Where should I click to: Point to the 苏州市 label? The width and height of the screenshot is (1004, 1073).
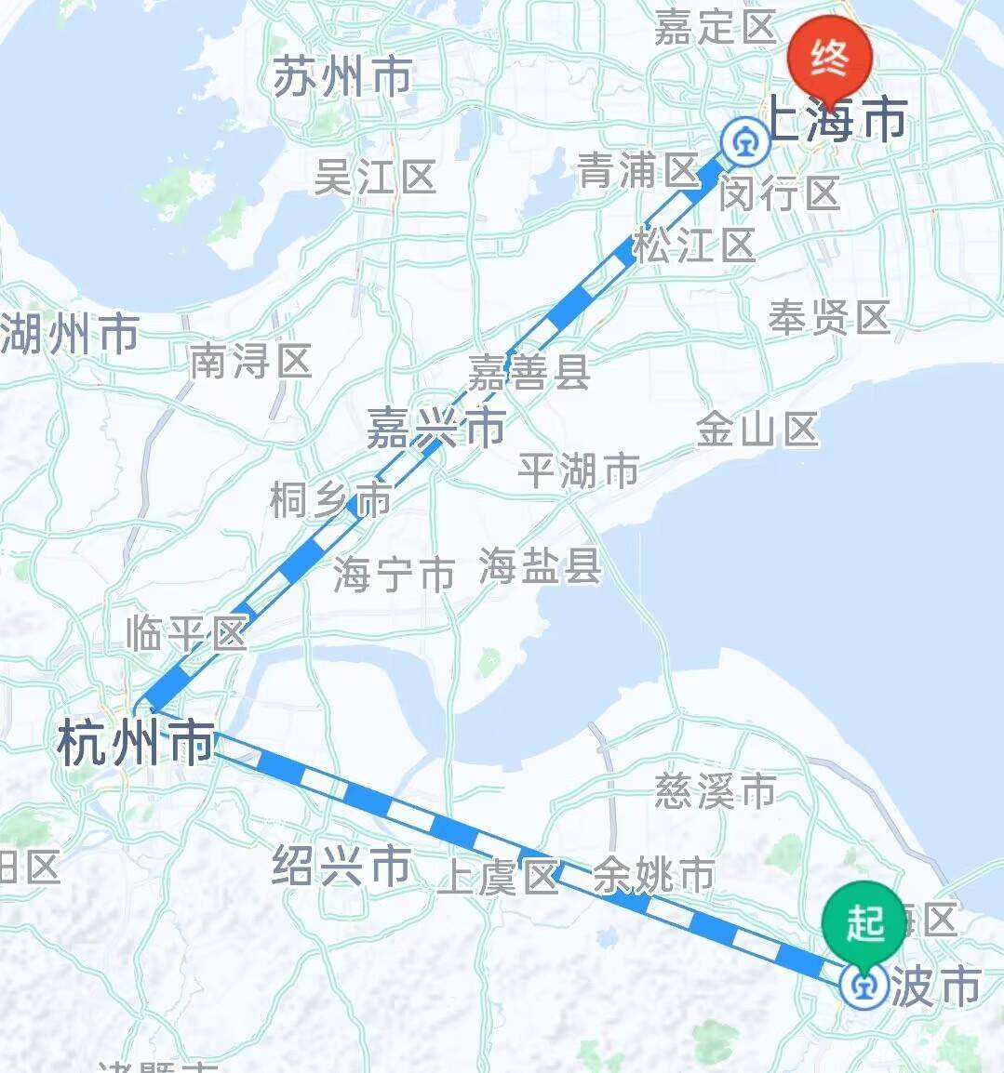tap(342, 76)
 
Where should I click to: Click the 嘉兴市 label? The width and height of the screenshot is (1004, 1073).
tap(435, 428)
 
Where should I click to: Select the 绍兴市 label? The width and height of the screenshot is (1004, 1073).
tap(341, 865)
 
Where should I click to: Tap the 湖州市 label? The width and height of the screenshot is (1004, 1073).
tap(70, 334)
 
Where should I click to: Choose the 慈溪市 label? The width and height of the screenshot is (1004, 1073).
tap(716, 791)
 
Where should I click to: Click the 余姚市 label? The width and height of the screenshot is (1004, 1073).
tap(654, 875)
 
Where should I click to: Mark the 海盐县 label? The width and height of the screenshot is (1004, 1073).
tap(540, 564)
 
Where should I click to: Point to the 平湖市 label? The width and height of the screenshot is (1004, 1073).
tap(579, 470)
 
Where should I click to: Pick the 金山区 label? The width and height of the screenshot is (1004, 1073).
tap(757, 430)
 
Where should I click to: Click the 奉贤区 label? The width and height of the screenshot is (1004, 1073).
tap(829, 318)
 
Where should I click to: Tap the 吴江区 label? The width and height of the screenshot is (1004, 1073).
tap(375, 176)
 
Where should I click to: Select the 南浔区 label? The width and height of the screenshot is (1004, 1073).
tap(250, 361)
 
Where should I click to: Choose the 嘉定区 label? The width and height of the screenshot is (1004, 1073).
tap(715, 28)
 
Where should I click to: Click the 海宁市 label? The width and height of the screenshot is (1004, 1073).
tap(395, 574)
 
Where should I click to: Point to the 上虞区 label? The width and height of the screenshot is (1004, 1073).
tap(500, 876)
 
